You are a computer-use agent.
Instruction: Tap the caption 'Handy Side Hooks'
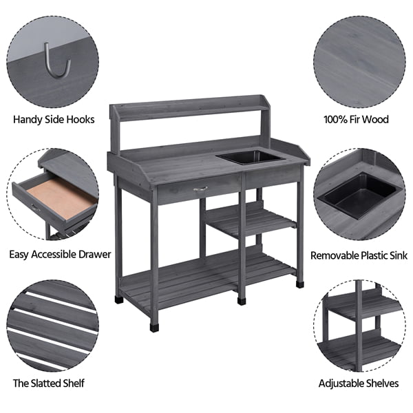coord(54,119)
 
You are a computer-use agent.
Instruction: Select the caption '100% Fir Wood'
coord(356,119)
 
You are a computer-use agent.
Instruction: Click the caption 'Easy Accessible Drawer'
coord(60,254)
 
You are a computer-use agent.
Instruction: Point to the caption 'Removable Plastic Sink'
coord(359,255)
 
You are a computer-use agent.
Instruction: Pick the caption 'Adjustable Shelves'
coord(358,383)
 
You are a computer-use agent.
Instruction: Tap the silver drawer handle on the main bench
coord(200,188)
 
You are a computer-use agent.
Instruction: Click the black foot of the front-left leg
coord(153,326)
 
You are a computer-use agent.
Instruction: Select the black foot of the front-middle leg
coord(242,299)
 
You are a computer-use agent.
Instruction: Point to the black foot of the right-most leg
coord(299,282)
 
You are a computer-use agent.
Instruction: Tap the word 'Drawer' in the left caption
coord(94,254)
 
